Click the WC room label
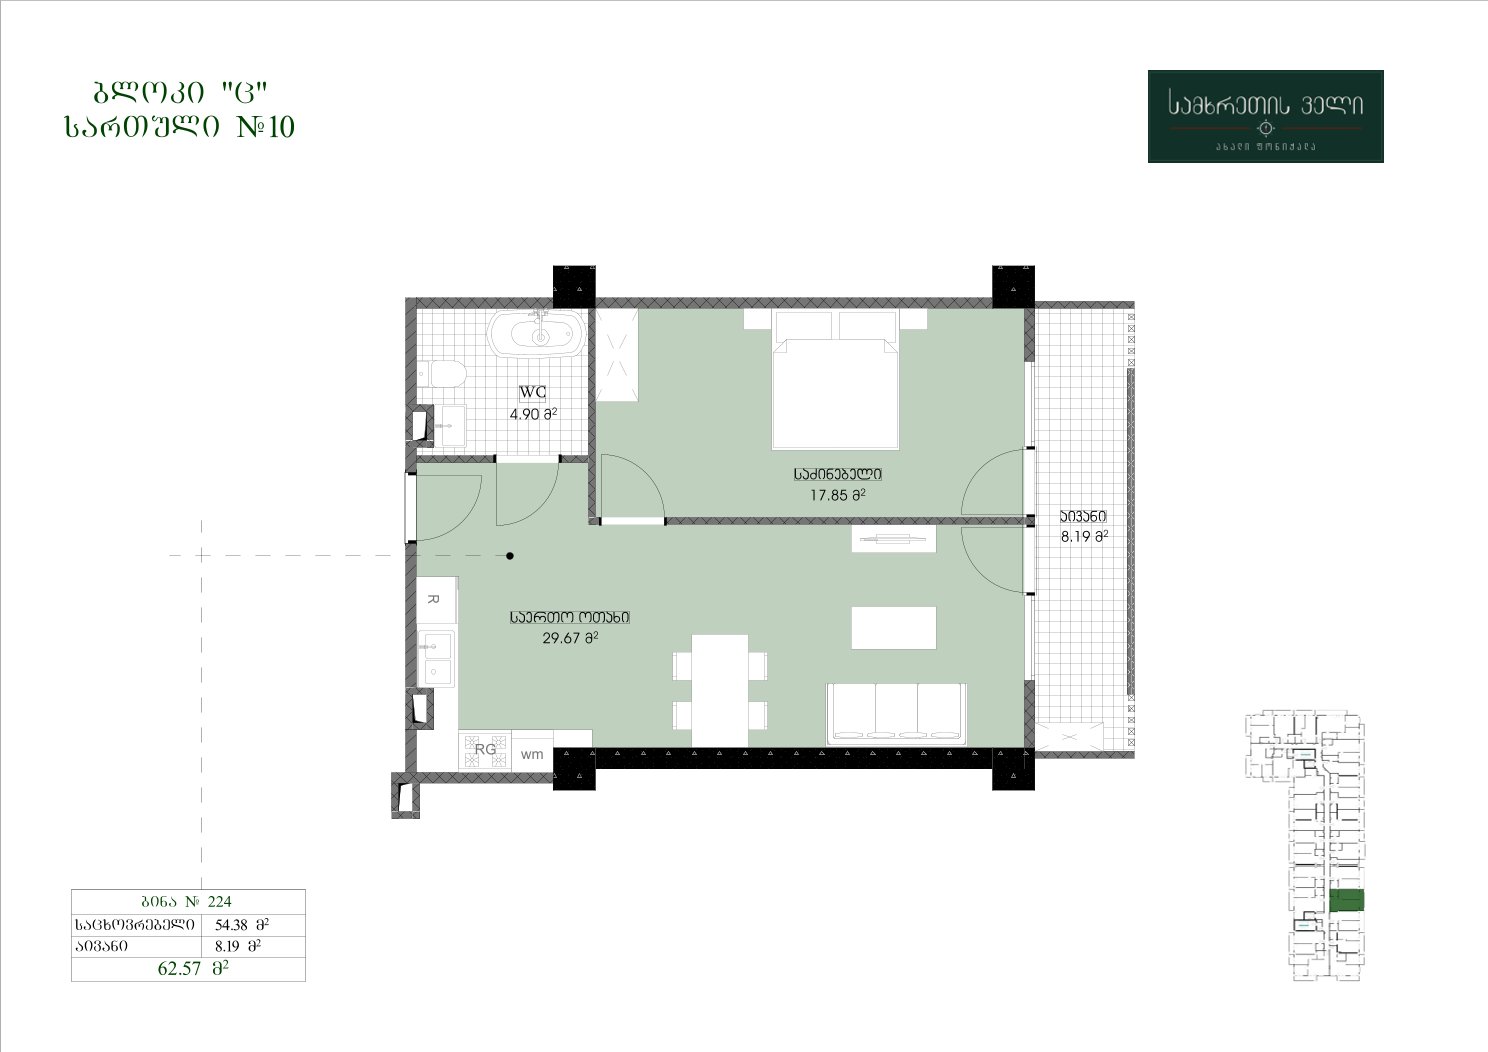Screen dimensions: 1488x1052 (x=532, y=393)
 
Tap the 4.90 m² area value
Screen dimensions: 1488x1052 (x=533, y=414)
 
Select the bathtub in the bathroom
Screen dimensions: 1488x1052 (x=537, y=333)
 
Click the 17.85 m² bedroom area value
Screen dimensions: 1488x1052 (x=837, y=495)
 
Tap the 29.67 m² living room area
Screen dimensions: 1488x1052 (x=570, y=638)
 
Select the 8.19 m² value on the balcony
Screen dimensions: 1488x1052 (x=1084, y=537)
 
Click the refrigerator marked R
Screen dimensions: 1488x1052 (x=436, y=599)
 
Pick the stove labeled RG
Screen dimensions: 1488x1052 (x=485, y=749)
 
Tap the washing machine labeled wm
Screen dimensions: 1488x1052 (x=532, y=754)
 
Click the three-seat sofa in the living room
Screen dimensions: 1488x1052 (x=896, y=714)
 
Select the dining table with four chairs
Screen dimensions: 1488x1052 (x=720, y=691)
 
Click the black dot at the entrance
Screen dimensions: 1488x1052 (x=510, y=556)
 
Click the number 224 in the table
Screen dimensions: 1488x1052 (x=219, y=901)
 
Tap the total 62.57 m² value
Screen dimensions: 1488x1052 (x=193, y=969)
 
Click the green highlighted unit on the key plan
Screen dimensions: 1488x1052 (x=1347, y=901)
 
